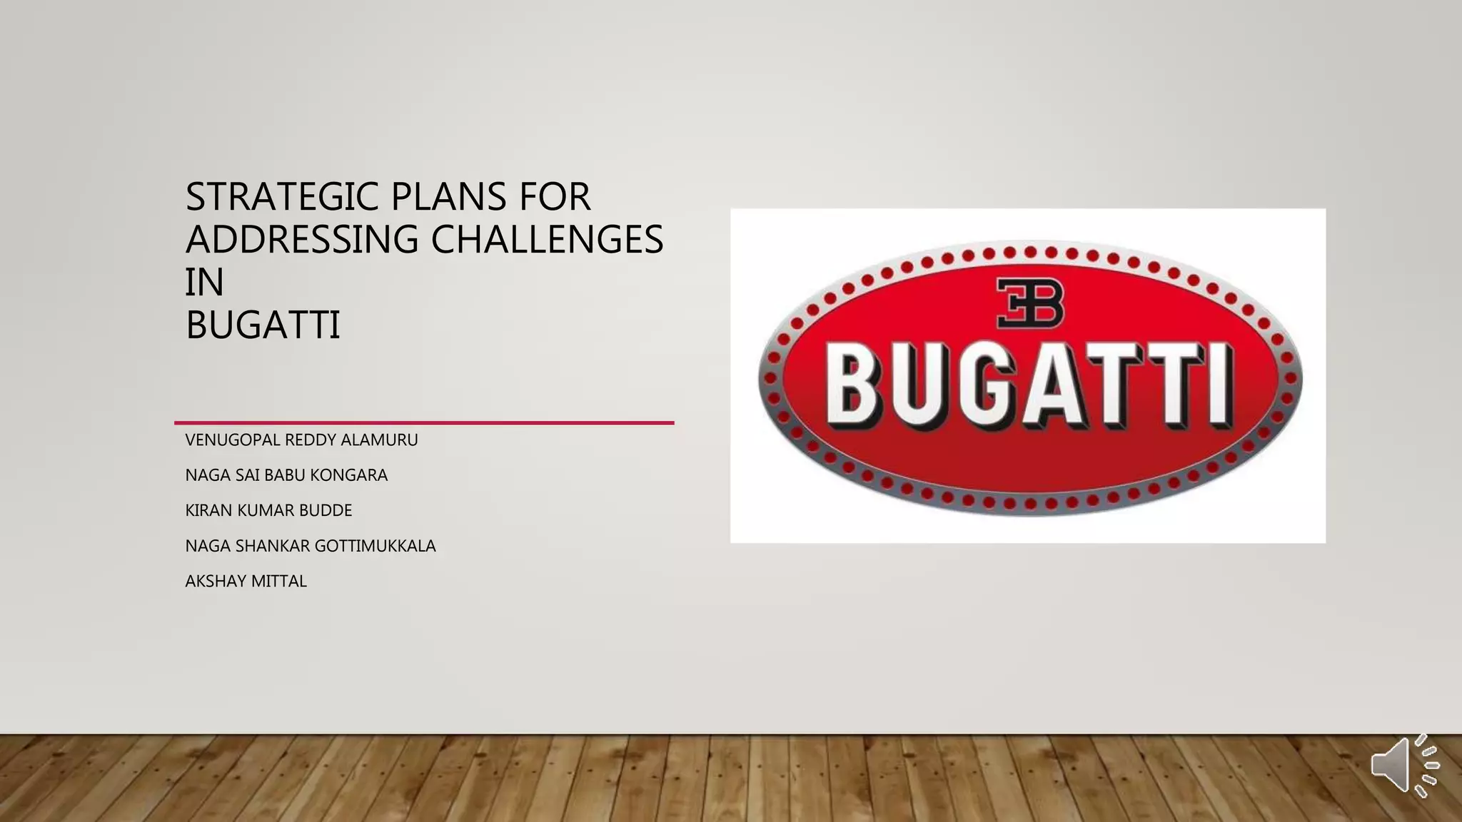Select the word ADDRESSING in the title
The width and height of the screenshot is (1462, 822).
pyautogui.click(x=302, y=239)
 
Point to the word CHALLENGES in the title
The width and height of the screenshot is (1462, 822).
pyautogui.click(x=547, y=239)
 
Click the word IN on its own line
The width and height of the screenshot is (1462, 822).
pyautogui.click(x=204, y=282)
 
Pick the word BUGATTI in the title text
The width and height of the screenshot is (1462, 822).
pyautogui.click(x=263, y=325)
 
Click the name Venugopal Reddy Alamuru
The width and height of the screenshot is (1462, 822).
pyautogui.click(x=301, y=440)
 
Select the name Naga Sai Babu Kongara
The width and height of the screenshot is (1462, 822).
pyautogui.click(x=286, y=475)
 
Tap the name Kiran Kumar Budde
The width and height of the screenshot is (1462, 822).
pyautogui.click(x=268, y=511)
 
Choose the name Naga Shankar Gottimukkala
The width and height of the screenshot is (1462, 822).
pyautogui.click(x=311, y=546)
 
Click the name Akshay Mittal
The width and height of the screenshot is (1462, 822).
pyautogui.click(x=246, y=582)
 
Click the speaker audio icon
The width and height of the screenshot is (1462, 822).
pyautogui.click(x=1403, y=765)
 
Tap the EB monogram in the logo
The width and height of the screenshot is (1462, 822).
pyautogui.click(x=1029, y=303)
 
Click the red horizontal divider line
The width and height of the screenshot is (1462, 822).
pyautogui.click(x=424, y=422)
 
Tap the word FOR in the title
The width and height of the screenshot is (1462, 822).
pyautogui.click(x=555, y=197)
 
